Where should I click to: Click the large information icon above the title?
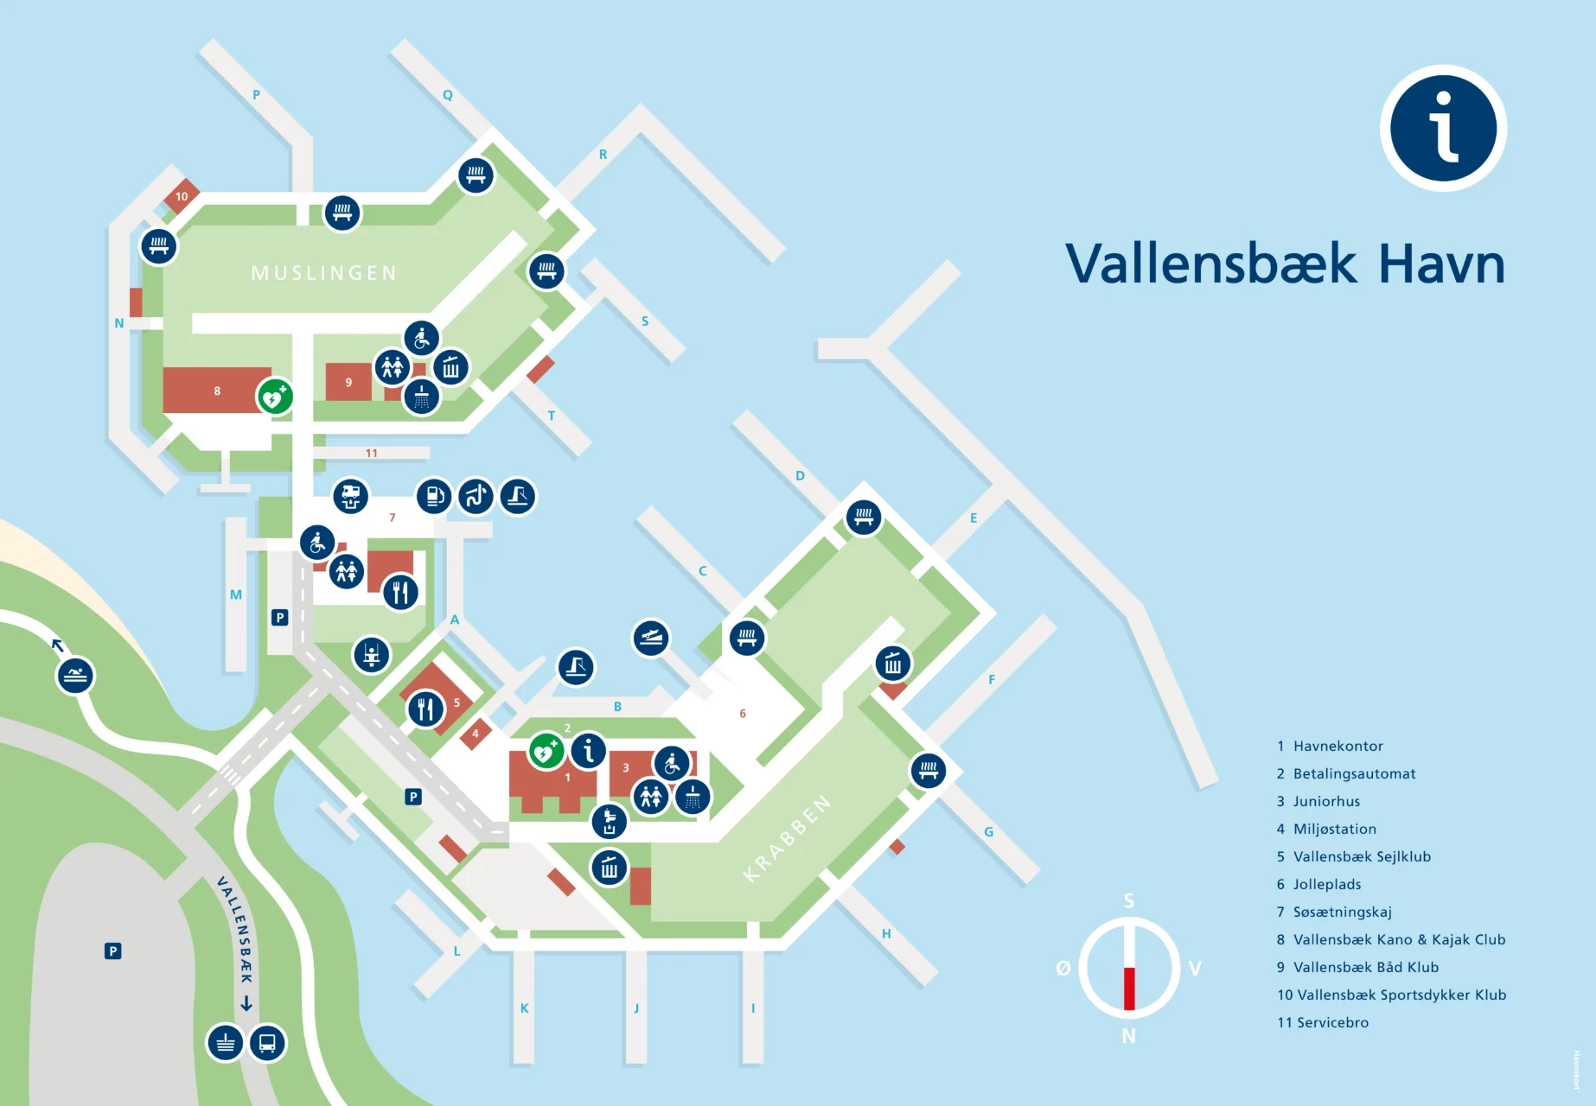click(1443, 128)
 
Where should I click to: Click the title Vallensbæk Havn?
click(1285, 264)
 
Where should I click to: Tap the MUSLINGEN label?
click(324, 273)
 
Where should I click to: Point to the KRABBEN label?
click(787, 838)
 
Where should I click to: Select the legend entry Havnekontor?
click(1337, 746)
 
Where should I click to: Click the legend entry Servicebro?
click(1332, 1022)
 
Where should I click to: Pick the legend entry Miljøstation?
click(1334, 829)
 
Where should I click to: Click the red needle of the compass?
click(1128, 988)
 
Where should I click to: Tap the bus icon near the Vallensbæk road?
click(267, 1043)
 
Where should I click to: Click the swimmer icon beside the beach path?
click(75, 676)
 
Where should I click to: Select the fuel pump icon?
click(434, 496)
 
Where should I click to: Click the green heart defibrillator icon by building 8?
click(275, 397)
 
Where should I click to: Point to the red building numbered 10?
click(182, 196)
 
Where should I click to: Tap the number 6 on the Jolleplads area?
click(743, 714)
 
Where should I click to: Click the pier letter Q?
click(448, 95)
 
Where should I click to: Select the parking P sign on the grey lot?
click(112, 951)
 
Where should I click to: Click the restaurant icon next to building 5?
click(425, 709)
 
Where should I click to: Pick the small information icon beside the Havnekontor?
click(588, 750)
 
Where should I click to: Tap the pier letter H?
click(886, 934)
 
